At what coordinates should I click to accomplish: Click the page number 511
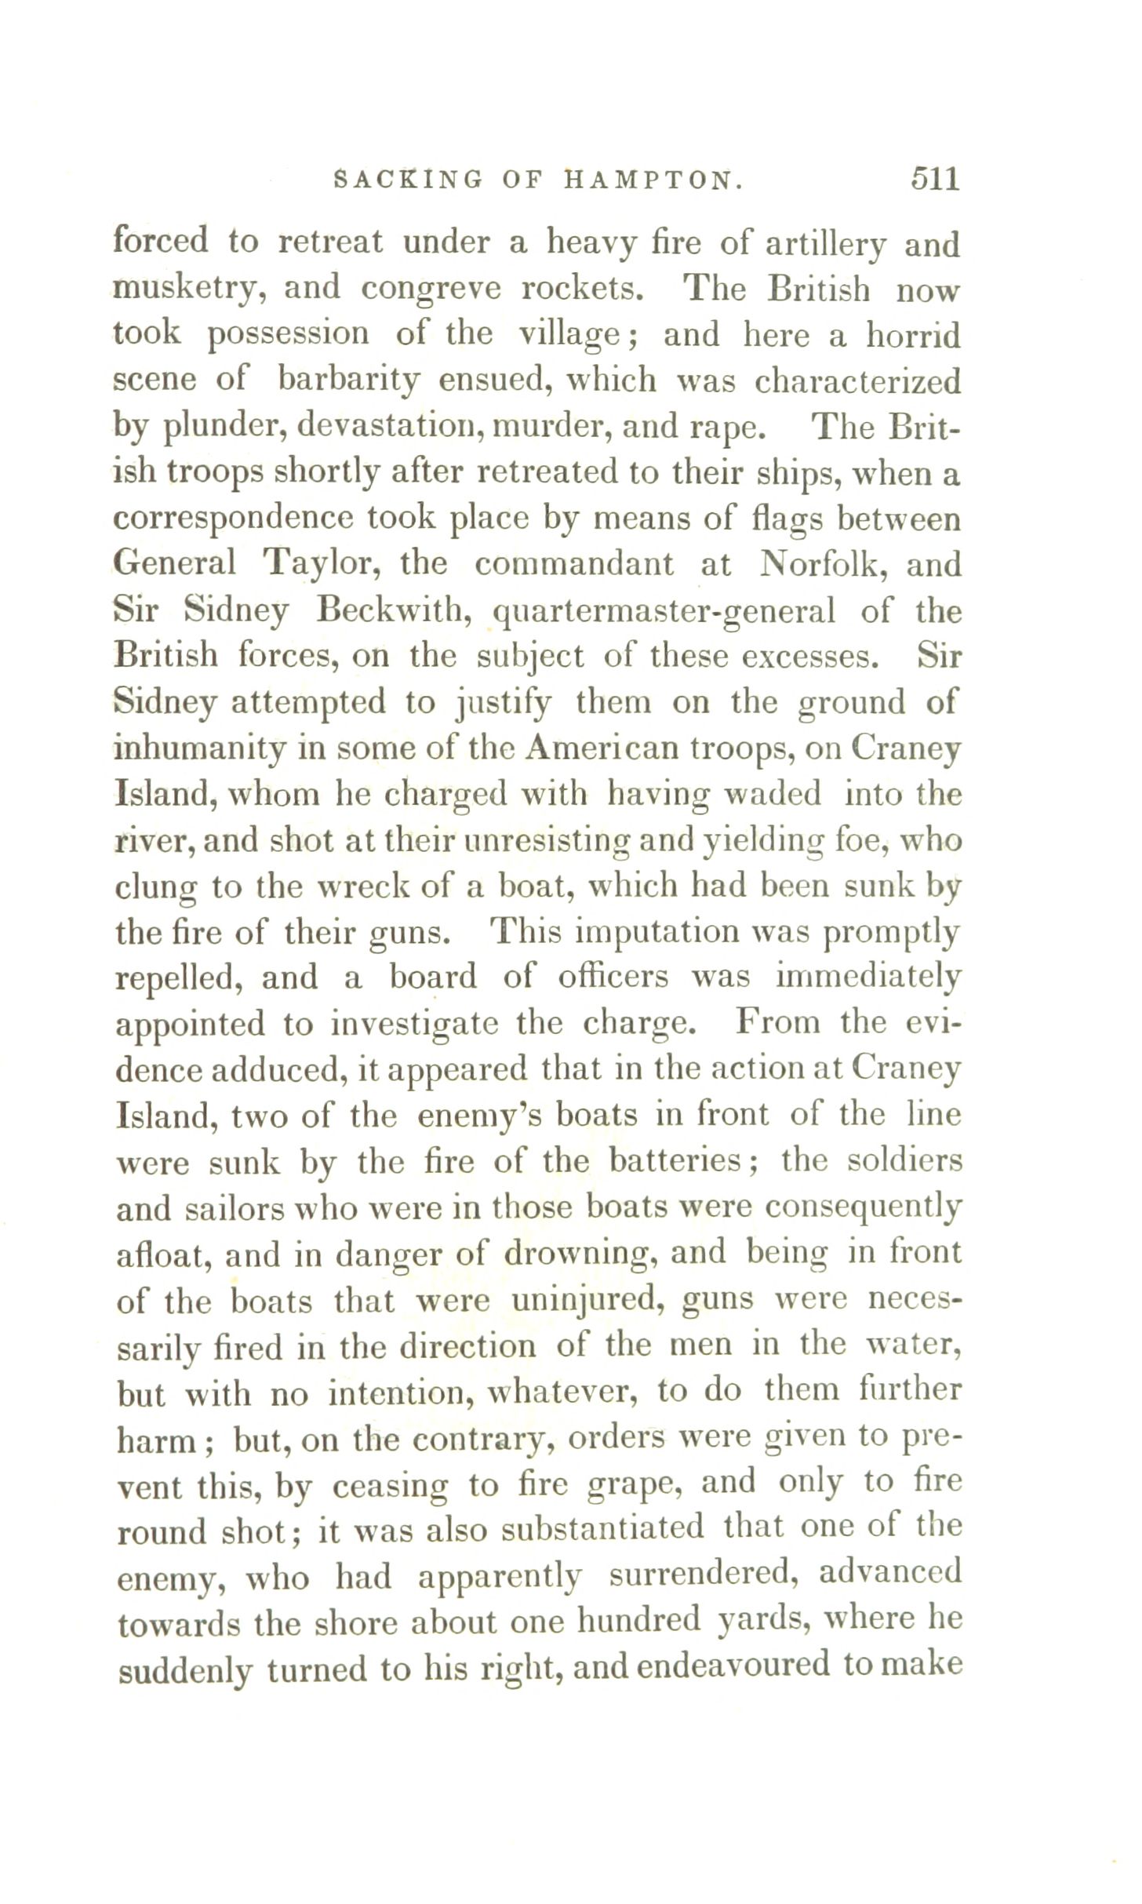(935, 180)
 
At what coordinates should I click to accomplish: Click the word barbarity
(348, 380)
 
